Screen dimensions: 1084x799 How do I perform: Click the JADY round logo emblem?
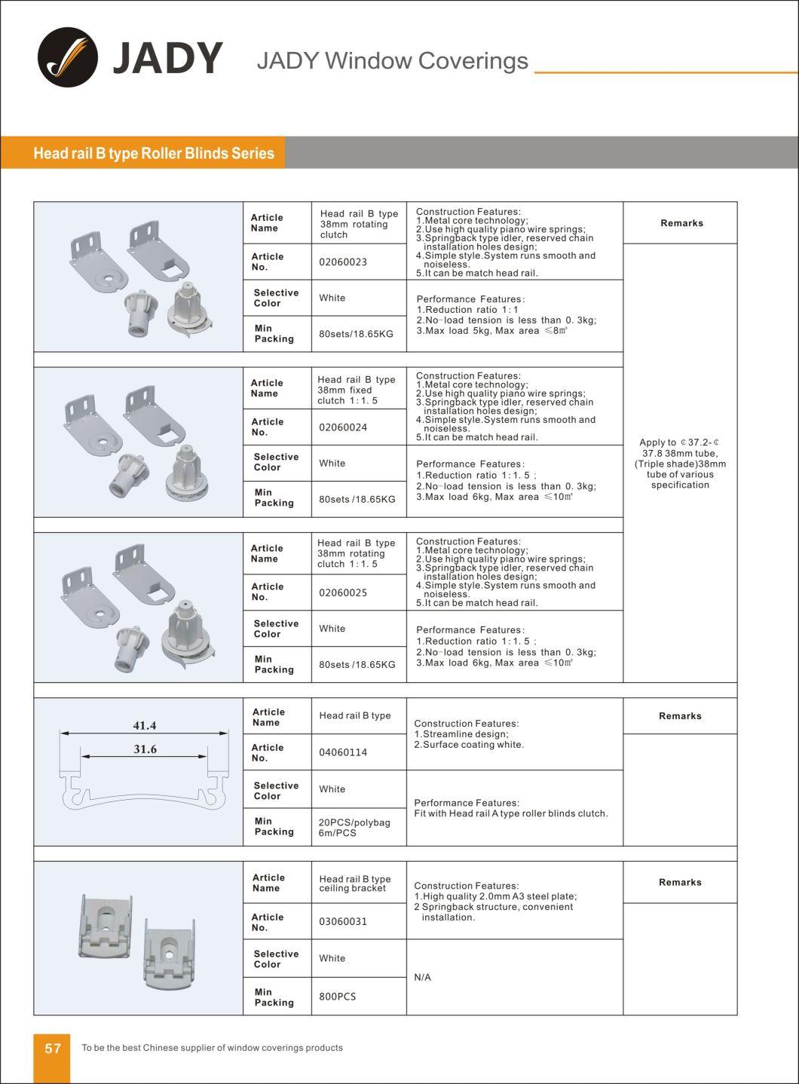pos(67,57)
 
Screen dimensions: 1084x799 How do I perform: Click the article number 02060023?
pos(343,262)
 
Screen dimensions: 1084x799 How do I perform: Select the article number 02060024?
pos(343,427)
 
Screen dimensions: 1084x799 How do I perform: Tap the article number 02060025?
pos(343,593)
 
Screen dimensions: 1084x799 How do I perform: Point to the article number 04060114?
pos(343,752)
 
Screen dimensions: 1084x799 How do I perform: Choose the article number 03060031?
pos(343,921)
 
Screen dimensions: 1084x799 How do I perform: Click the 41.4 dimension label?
pos(144,726)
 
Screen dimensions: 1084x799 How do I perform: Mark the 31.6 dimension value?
pos(144,749)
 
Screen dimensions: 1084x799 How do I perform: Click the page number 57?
pos(53,1049)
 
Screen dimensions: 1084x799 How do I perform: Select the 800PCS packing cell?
pos(337,997)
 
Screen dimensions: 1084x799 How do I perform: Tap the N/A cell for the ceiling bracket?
pos(422,977)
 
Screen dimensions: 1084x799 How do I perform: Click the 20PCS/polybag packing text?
pos(354,822)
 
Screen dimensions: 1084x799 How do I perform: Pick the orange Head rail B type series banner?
pos(154,153)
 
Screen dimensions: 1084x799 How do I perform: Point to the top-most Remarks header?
pos(681,223)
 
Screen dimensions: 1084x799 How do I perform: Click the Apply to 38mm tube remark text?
pos(680,464)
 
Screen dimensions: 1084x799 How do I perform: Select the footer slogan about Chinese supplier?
pos(212,1048)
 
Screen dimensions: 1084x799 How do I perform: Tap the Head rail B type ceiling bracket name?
pos(354,883)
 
